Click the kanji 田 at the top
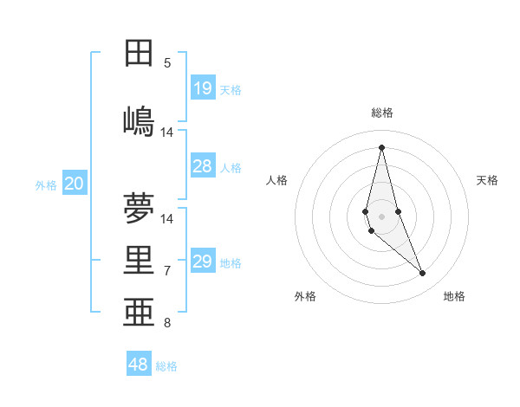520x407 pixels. point(139,53)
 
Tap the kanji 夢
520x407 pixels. point(139,208)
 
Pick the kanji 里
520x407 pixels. point(139,261)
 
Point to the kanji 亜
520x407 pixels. point(139,313)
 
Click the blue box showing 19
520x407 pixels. point(203,88)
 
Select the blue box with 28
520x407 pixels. point(203,166)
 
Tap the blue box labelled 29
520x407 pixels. point(203,262)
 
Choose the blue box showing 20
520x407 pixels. point(75,184)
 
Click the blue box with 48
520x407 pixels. point(139,365)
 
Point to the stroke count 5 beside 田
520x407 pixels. point(167,62)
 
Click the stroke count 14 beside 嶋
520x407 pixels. point(167,132)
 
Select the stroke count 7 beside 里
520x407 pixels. point(167,270)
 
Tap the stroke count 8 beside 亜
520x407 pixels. point(167,323)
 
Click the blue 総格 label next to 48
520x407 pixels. point(166,366)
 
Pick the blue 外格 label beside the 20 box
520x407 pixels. point(46,184)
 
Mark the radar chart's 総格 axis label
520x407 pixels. point(382,113)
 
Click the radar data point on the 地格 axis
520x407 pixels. point(423,274)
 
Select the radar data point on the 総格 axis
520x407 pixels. point(381,147)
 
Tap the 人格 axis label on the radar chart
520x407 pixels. point(277,180)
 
